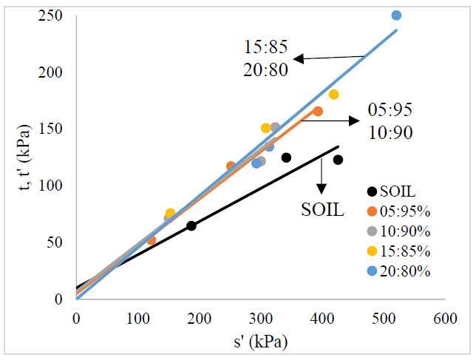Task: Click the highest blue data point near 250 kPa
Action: click(396, 16)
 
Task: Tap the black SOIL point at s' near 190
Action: click(191, 225)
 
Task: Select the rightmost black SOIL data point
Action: click(338, 160)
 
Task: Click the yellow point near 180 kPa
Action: click(333, 95)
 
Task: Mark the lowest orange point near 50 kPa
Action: click(152, 240)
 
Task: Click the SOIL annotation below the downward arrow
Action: click(323, 209)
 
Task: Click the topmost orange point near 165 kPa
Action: click(318, 112)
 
